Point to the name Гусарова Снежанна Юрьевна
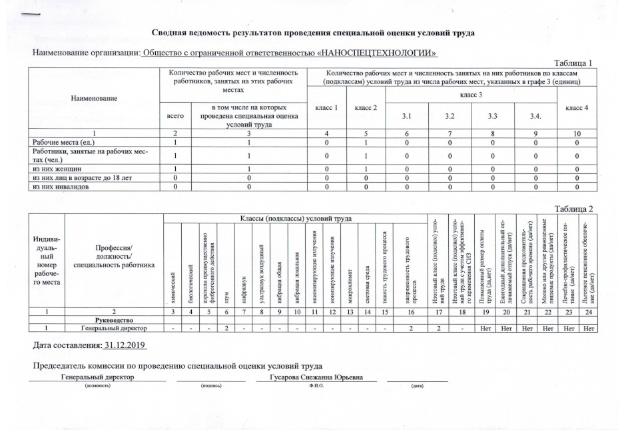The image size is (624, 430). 316,377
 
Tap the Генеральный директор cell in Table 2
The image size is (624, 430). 110,328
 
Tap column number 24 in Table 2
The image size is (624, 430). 588,311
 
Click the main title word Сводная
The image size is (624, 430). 172,33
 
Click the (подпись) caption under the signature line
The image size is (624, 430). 210,385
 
